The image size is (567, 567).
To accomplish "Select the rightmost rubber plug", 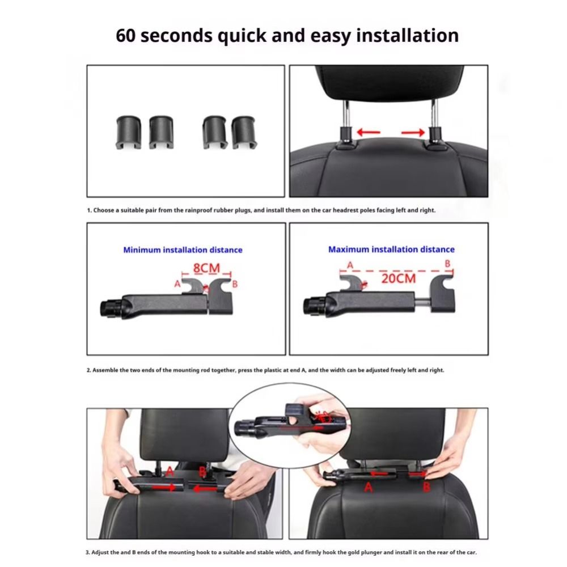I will [244, 132].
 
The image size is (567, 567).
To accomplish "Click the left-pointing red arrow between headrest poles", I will [369, 133].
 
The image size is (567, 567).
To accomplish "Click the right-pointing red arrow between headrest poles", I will [413, 133].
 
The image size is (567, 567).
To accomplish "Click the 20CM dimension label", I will [398, 278].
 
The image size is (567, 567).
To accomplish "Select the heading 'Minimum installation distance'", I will [183, 249].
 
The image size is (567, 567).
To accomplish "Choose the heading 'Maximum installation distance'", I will [391, 249].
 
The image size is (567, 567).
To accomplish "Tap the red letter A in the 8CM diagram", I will [177, 284].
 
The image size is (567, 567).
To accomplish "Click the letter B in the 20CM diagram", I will [447, 264].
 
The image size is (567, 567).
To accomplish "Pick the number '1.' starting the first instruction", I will [89, 210].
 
